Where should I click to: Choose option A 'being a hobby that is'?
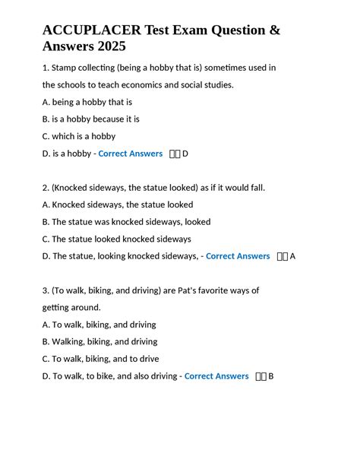coord(87,102)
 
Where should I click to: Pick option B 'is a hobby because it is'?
coord(91,119)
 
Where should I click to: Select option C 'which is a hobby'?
coord(79,137)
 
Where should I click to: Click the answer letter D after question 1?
coord(185,154)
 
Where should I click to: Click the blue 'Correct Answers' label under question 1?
coord(131,154)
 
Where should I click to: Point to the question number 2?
coord(45,188)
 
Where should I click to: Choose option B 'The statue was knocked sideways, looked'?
coord(126,222)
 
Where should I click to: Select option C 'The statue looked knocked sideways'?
coord(116,239)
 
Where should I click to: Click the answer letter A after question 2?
coord(292,256)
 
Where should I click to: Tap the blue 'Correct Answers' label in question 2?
coord(238,256)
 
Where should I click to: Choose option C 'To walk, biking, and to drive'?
coord(100,359)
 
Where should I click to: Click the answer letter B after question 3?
coord(271,376)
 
